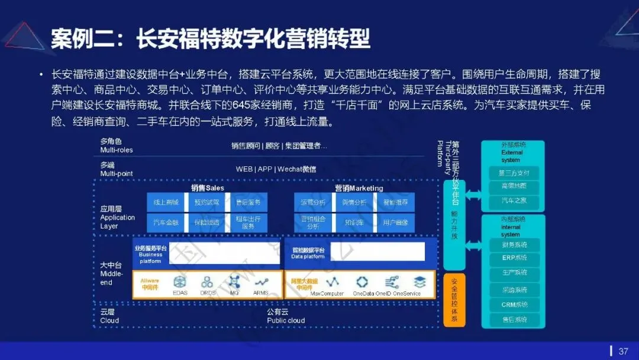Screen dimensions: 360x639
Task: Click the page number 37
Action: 623,351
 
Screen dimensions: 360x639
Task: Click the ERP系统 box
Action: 513,259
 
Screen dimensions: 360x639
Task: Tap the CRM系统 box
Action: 513,305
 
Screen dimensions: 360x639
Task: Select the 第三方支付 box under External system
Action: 513,173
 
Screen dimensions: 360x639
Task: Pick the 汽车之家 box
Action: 513,201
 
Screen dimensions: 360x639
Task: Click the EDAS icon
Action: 180,282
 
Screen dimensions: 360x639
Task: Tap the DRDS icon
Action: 207,282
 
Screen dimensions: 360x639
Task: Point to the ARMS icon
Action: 261,282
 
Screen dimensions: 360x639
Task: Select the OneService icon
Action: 419,282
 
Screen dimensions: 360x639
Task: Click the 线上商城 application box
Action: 166,202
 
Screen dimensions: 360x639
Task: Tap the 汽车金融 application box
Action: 166,223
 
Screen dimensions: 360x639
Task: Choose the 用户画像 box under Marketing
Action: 395,223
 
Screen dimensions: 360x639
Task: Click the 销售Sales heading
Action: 207,188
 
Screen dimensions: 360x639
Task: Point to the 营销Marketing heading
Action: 359,188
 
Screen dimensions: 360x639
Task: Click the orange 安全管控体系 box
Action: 454,300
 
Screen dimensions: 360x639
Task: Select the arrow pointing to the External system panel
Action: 474,194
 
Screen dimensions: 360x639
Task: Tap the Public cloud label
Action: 286,320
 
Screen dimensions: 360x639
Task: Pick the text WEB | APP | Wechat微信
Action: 276,169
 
